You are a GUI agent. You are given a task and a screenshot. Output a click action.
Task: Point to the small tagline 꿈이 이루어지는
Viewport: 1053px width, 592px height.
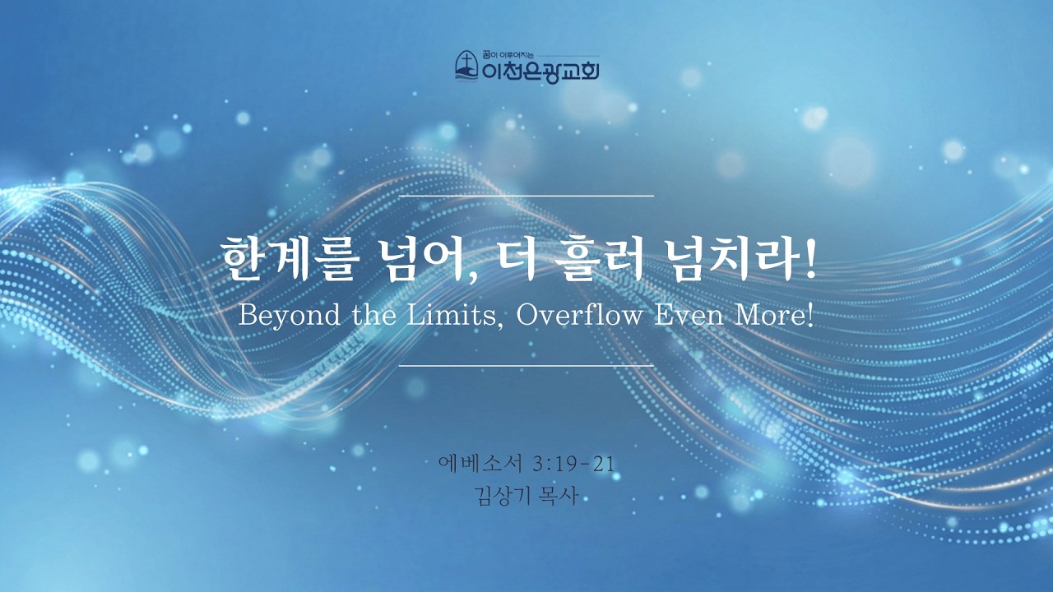click(x=508, y=54)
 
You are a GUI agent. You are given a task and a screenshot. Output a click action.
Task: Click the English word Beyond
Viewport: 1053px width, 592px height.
click(x=290, y=316)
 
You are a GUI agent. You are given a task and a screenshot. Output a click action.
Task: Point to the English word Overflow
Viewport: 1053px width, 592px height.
click(x=580, y=315)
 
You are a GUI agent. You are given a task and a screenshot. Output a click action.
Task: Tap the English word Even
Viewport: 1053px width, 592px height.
click(x=689, y=315)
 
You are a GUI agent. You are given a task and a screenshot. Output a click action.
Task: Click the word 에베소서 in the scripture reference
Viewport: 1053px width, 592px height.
click(x=480, y=463)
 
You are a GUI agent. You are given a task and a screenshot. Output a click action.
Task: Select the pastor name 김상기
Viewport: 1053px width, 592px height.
click(x=499, y=496)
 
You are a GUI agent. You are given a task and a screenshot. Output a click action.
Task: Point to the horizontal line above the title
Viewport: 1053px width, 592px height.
click(x=526, y=196)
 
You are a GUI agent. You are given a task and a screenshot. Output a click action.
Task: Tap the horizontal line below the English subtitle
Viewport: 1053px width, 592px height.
click(x=526, y=364)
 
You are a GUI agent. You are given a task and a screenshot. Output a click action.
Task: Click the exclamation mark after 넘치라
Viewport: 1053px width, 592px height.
click(x=809, y=261)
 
